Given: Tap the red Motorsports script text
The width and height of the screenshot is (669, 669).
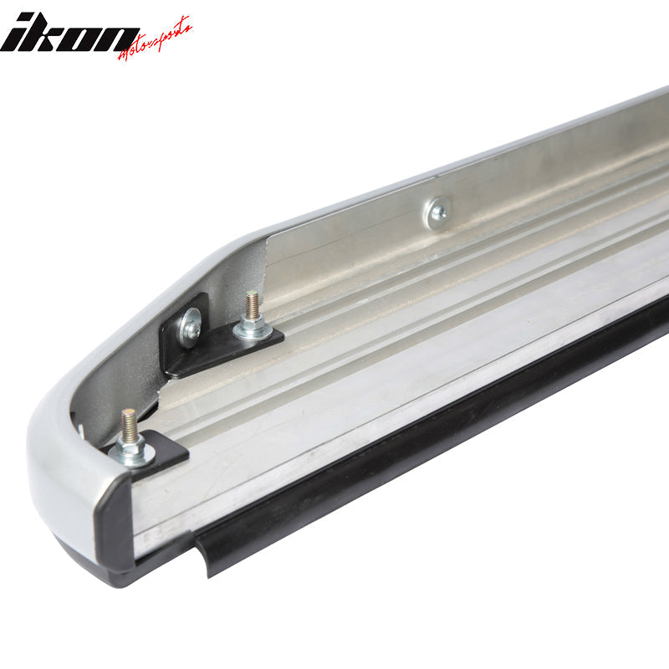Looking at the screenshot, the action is click(x=155, y=40).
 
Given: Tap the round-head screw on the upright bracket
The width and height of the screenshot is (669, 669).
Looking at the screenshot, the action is click(x=191, y=326).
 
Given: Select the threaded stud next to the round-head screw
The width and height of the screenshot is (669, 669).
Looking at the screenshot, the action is click(x=252, y=308).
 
